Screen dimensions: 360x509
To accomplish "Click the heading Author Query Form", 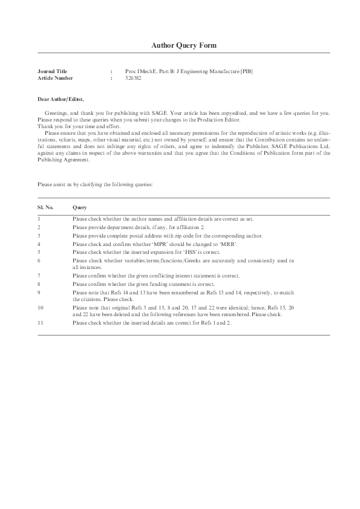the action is pos(180,45).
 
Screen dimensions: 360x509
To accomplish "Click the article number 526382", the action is pos(133,78).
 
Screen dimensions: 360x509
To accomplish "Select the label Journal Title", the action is pos(53,71).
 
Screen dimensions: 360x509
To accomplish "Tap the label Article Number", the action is pos(55,78).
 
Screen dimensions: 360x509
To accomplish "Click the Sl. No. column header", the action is pos(45,206).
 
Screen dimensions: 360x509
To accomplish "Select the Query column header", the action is pos(80,206).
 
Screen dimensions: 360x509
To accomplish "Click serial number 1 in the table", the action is pos(39,218).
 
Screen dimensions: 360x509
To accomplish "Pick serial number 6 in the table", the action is pos(39,260).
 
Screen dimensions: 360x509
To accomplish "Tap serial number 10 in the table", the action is pos(41,308).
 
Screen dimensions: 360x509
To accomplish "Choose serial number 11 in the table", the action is pos(41,323).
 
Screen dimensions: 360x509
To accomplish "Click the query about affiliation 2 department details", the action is pos(138,226).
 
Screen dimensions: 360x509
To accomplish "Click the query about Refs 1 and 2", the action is pos(151,323).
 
